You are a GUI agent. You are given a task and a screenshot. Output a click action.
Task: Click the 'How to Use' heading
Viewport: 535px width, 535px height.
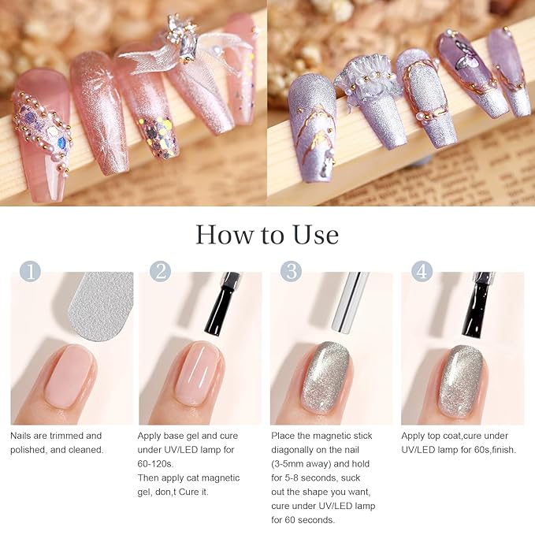(x=267, y=235)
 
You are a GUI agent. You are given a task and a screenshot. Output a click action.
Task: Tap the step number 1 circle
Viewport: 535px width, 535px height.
(x=29, y=273)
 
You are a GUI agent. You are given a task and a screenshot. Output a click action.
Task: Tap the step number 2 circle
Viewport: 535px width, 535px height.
(x=161, y=273)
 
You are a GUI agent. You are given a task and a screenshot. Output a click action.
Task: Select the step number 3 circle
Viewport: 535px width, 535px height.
(x=292, y=273)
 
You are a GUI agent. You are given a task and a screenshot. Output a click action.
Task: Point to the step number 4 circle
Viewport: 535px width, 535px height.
(x=422, y=273)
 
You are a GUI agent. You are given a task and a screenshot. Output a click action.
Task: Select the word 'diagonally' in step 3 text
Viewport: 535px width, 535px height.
(x=295, y=449)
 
